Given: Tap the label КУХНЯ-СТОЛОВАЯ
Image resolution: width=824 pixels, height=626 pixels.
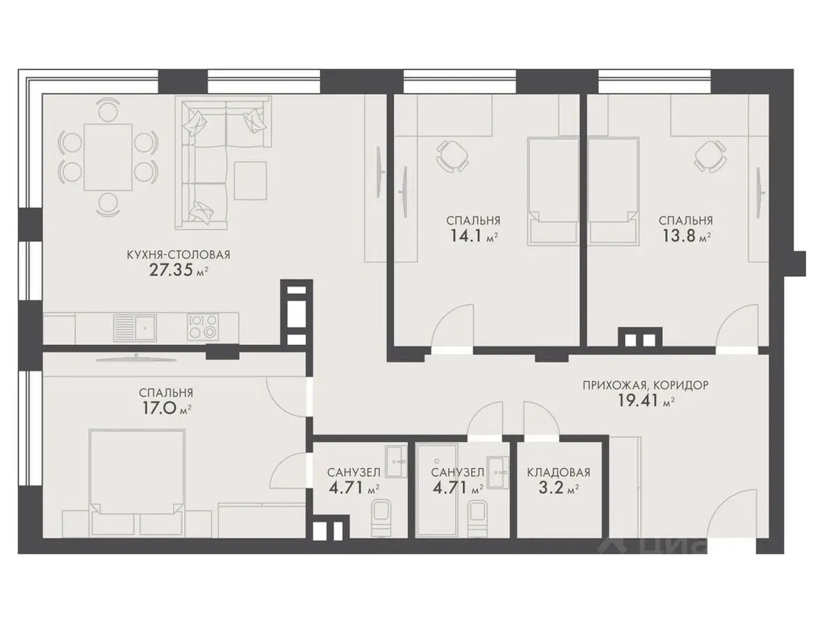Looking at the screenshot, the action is click(x=178, y=255).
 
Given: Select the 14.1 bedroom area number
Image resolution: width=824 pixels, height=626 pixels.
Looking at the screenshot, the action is click(x=466, y=236).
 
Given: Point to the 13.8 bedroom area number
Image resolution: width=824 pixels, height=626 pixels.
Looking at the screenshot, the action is click(x=678, y=236).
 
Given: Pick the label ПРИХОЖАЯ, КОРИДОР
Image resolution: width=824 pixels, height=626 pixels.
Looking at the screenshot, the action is click(x=645, y=385).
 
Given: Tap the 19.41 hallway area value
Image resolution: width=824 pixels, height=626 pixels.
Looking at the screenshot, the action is click(x=638, y=401).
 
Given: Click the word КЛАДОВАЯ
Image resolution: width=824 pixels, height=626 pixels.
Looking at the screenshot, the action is click(x=559, y=472).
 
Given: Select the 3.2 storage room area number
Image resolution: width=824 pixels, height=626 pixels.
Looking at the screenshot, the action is click(x=551, y=488).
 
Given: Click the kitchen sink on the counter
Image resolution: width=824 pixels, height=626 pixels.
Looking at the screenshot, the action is click(x=135, y=328).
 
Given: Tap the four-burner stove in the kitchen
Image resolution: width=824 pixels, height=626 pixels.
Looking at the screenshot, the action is click(x=203, y=327).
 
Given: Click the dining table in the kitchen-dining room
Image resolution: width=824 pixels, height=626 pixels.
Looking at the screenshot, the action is click(x=108, y=156).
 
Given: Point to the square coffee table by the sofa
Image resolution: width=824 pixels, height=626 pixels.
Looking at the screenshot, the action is click(x=250, y=180).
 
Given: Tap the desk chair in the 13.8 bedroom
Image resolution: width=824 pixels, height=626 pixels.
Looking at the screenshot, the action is click(x=711, y=156).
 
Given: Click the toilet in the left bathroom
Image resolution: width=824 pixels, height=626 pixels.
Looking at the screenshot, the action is click(x=381, y=517).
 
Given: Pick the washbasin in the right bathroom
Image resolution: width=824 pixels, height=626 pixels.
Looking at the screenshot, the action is click(x=497, y=472).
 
